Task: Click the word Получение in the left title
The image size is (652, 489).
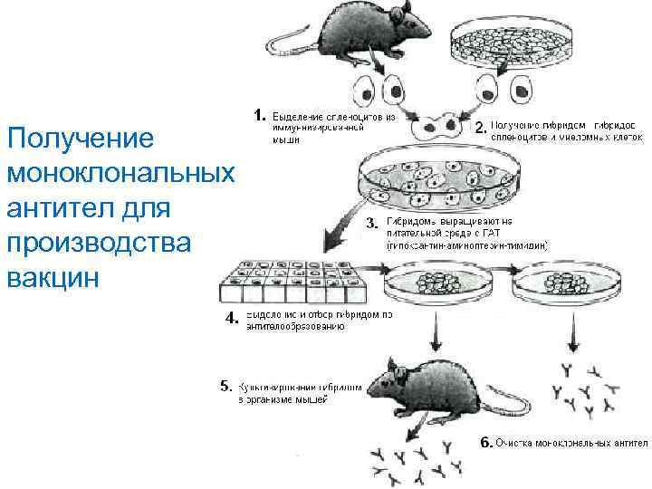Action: point(77,139)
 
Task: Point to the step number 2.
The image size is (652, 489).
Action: point(480,128)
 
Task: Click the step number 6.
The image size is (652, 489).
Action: point(484,444)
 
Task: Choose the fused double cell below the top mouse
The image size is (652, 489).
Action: point(436,126)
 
